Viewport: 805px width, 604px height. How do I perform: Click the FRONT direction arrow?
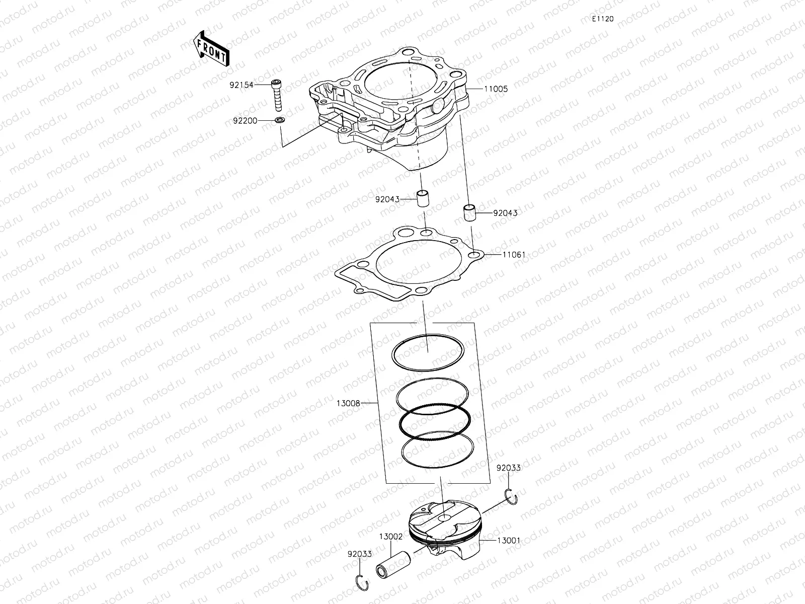tap(211, 48)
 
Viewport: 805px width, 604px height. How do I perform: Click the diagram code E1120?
tap(602, 19)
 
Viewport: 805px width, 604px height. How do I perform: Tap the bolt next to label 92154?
tap(276, 96)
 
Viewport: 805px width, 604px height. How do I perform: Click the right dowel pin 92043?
tap(470, 213)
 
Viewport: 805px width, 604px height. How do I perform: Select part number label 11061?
tap(514, 255)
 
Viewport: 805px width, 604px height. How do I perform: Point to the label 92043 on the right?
tap(505, 213)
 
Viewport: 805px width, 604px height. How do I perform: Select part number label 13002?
tap(390, 537)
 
